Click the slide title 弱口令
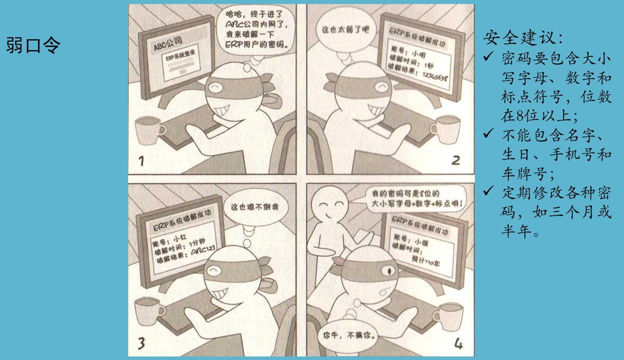pyautogui.click(x=33, y=45)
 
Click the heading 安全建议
pyautogui.click(x=523, y=38)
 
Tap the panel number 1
pyautogui.click(x=142, y=161)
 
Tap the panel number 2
pyautogui.click(x=455, y=160)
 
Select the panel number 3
pyautogui.click(x=142, y=343)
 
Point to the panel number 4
pyautogui.click(x=458, y=343)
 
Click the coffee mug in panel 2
pyautogui.click(x=445, y=129)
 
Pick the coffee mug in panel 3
pyautogui.click(x=149, y=311)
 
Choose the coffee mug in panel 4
pyautogui.click(x=448, y=317)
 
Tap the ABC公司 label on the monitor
pyautogui.click(x=168, y=44)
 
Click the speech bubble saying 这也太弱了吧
pyautogui.click(x=345, y=29)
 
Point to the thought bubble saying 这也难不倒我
pyautogui.click(x=255, y=207)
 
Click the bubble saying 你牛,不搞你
pyautogui.click(x=349, y=335)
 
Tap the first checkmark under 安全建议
pyautogui.click(x=488, y=56)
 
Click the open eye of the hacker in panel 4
pyautogui.click(x=389, y=270)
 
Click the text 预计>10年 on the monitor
pyautogui.click(x=425, y=261)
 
